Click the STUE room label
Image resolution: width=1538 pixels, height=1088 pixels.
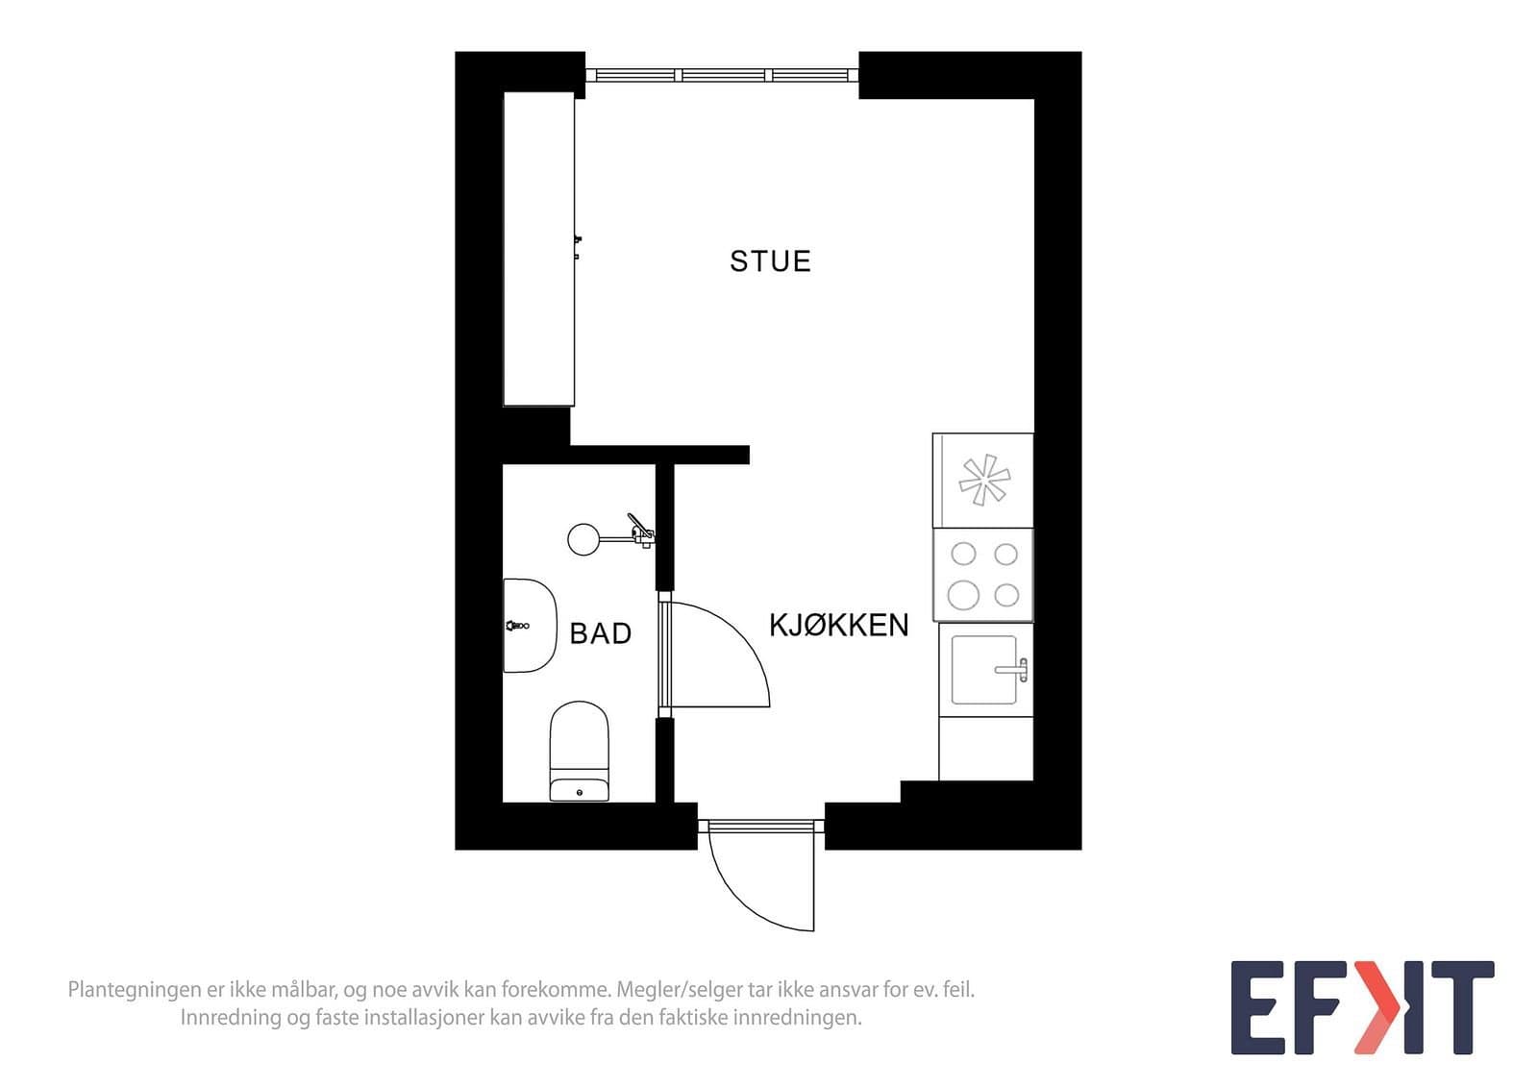[x=770, y=261]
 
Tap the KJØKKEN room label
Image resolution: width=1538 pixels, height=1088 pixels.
[x=838, y=626]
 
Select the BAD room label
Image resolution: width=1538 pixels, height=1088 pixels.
[x=600, y=633]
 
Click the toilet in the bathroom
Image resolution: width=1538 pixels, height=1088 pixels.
[x=580, y=751]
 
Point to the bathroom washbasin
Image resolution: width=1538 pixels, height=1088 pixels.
[x=530, y=626]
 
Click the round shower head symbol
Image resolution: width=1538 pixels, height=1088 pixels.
[x=583, y=539]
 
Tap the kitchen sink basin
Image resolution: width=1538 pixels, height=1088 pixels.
[x=983, y=670]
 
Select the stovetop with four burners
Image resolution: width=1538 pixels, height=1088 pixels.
[x=983, y=575]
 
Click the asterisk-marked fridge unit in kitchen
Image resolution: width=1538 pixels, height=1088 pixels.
[x=983, y=481]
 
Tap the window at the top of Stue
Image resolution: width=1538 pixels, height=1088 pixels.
[x=722, y=75]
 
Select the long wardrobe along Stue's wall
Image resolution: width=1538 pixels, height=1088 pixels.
[x=539, y=249]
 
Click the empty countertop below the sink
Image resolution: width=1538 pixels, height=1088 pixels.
[x=986, y=749]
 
